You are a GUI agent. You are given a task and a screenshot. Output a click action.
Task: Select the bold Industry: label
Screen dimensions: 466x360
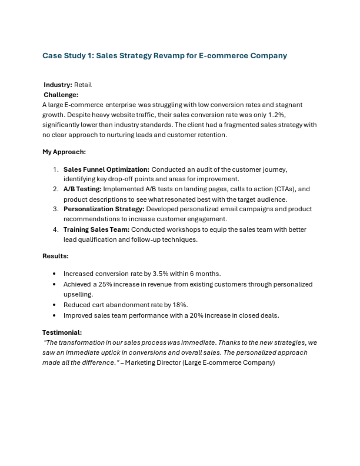tap(58, 85)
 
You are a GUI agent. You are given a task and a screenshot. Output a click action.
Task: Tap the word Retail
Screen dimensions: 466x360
tap(83, 85)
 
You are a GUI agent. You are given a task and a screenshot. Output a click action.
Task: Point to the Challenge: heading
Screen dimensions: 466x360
tap(61, 95)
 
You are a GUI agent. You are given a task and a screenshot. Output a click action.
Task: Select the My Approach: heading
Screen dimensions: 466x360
tap(64, 152)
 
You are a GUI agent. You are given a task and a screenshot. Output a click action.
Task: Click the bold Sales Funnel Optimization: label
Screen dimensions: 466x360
tap(106, 169)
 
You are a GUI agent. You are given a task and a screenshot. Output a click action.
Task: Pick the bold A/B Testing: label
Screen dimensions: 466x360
tap(82, 189)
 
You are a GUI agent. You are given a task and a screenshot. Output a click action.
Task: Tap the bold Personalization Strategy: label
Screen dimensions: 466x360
tap(104, 209)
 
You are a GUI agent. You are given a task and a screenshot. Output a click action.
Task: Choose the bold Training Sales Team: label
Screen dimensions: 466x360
tap(96, 229)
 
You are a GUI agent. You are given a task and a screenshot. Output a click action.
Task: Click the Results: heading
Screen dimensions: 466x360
tap(55, 256)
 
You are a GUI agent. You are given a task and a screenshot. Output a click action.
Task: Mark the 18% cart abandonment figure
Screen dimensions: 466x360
tap(179, 305)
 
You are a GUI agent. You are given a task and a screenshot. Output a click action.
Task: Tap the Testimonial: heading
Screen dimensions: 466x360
tap(62, 332)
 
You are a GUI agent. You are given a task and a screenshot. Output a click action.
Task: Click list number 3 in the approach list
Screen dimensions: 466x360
tap(55, 209)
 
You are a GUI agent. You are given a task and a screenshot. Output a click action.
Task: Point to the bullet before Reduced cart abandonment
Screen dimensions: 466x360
tap(55, 305)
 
